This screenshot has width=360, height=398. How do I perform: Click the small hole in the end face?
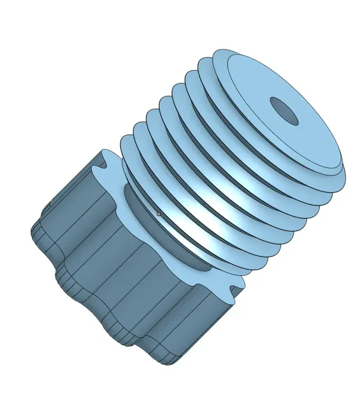[284, 111]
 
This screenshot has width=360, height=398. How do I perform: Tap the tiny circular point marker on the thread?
[159, 214]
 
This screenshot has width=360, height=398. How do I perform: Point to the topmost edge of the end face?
[223, 50]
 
